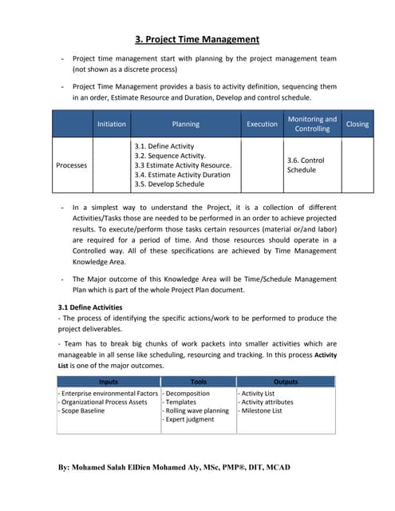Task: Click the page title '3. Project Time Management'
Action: click(x=196, y=39)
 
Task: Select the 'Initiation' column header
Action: click(x=111, y=125)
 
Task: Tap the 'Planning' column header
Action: click(x=185, y=125)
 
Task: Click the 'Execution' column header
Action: click(x=262, y=125)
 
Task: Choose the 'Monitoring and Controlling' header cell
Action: click(x=312, y=124)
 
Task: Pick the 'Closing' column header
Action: click(x=357, y=125)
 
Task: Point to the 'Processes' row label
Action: click(x=72, y=165)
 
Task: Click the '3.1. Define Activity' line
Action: click(x=164, y=147)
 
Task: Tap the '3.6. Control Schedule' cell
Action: click(x=306, y=165)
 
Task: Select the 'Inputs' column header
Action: click(x=108, y=382)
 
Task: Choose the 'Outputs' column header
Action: click(x=285, y=382)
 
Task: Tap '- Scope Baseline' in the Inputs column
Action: click(x=81, y=411)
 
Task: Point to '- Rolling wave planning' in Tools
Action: click(x=196, y=411)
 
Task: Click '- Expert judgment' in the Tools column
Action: click(x=188, y=420)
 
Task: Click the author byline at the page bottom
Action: click(x=176, y=467)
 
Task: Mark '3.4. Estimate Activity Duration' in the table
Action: click(x=182, y=175)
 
